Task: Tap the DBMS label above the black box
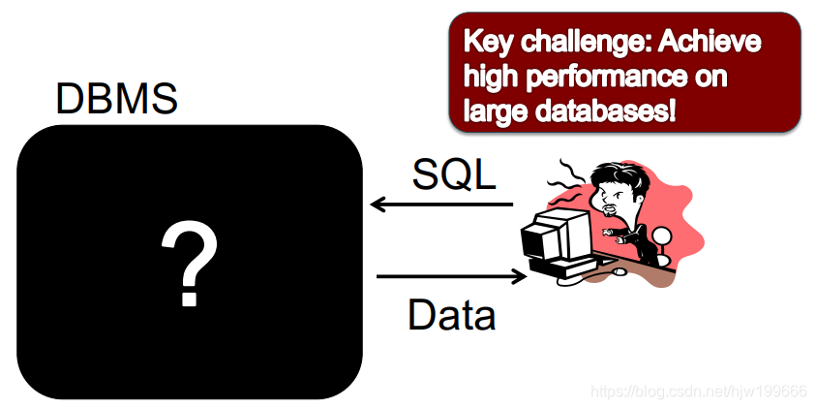[115, 100]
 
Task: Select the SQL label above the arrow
[454, 175]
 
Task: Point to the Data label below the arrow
[452, 316]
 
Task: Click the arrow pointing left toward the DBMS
[441, 204]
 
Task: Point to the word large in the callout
[495, 110]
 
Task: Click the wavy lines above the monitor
[571, 184]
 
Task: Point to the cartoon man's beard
[608, 212]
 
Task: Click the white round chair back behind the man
[662, 236]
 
